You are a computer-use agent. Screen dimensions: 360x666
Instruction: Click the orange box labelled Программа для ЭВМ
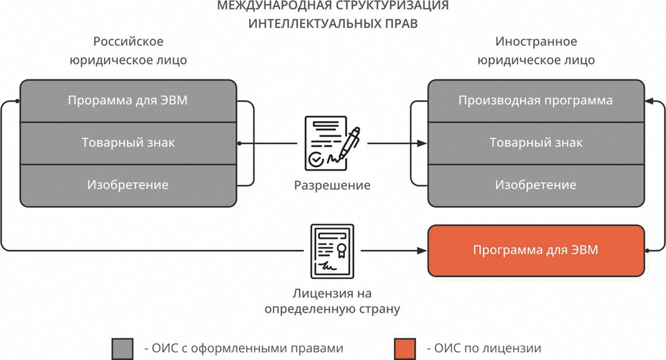(535, 250)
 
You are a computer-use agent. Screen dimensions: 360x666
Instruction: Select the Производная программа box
(535, 100)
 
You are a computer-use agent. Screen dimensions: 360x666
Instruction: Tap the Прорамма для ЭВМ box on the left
(128, 100)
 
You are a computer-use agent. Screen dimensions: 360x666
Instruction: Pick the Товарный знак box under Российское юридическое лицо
(128, 143)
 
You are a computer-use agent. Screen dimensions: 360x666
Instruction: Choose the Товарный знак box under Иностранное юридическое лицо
(535, 143)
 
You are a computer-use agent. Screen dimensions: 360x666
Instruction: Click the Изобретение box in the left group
(128, 185)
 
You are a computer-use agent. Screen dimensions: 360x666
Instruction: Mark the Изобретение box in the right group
(535, 185)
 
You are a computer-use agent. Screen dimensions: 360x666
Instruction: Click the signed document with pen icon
(332, 143)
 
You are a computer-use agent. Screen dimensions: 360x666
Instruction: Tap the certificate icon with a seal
(332, 251)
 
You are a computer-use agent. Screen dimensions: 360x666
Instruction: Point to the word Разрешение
(332, 186)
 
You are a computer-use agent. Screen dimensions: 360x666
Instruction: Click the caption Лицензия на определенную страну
(332, 300)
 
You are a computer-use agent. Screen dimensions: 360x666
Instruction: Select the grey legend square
(122, 348)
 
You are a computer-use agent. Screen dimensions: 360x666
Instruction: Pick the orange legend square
(404, 348)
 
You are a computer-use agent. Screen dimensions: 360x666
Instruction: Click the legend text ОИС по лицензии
(483, 348)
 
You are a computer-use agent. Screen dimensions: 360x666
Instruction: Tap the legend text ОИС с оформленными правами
(244, 348)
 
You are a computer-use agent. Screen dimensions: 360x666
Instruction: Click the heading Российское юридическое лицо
(128, 51)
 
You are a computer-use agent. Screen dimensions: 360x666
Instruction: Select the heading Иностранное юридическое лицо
(535, 51)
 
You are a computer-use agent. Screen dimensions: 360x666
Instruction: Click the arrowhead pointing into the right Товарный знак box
(422, 143)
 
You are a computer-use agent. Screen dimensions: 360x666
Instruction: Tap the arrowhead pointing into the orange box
(422, 250)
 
